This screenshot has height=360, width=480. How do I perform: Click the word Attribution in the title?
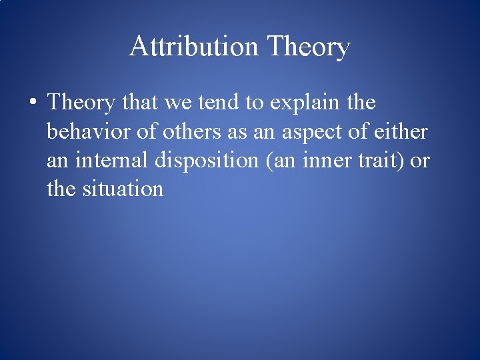193,47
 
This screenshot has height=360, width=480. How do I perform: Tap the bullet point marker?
32,104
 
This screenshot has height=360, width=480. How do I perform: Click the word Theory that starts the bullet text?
80,104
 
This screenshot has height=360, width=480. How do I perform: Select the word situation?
123,189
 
